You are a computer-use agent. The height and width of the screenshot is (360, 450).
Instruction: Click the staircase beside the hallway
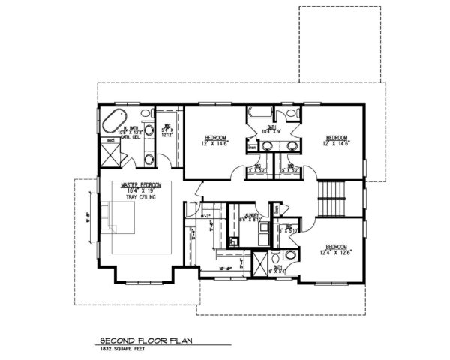[x=331, y=198]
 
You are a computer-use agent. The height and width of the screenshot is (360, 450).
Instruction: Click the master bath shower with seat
[x=111, y=156]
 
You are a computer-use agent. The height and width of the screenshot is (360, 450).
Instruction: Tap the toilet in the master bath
[x=148, y=158]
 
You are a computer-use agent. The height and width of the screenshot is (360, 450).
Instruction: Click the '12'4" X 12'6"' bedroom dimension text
[x=334, y=252]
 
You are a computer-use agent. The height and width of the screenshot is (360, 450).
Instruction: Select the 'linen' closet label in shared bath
[x=252, y=147]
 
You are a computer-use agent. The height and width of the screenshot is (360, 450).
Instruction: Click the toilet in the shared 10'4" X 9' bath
[x=288, y=115]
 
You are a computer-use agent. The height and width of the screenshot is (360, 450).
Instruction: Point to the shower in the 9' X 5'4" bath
[x=259, y=264]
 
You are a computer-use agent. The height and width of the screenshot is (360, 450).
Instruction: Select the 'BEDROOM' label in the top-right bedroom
[x=335, y=137]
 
